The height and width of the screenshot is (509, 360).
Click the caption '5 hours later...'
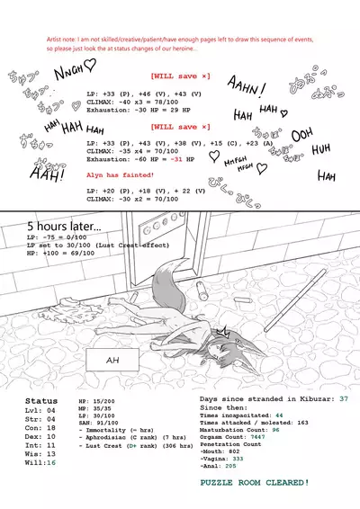pos(64,226)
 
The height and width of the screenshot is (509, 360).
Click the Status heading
pos(40,400)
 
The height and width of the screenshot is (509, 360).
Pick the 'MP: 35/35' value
pos(94,408)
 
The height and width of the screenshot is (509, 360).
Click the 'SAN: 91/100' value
pos(99,425)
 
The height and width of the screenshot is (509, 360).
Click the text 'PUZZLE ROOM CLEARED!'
pos(256,484)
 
